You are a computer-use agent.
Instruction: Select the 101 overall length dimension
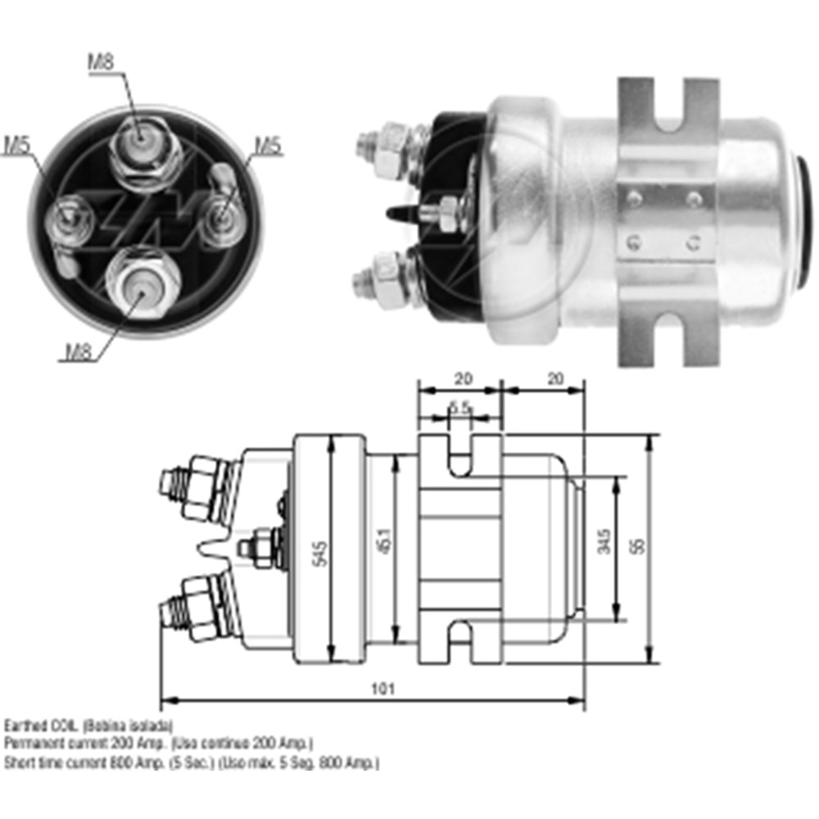click(x=382, y=689)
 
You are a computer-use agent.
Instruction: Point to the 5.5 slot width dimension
click(x=459, y=407)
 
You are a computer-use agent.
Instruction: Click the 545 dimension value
click(x=320, y=557)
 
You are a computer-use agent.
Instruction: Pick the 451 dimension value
click(x=385, y=550)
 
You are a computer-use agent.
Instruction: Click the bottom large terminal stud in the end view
click(x=143, y=283)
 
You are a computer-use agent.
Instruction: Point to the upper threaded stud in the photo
click(x=381, y=145)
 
